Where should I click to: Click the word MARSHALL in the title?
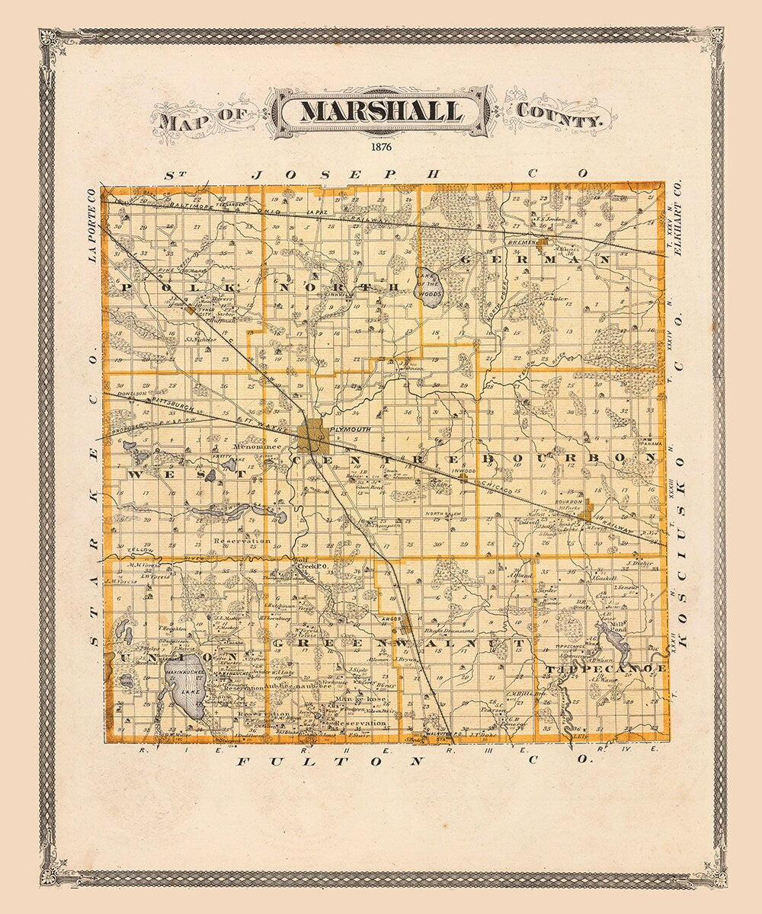pyautogui.click(x=381, y=111)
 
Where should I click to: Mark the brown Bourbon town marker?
pyautogui.click(x=585, y=516)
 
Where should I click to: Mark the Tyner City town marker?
pyautogui.click(x=187, y=308)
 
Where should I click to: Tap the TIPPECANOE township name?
pyautogui.click(x=606, y=668)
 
